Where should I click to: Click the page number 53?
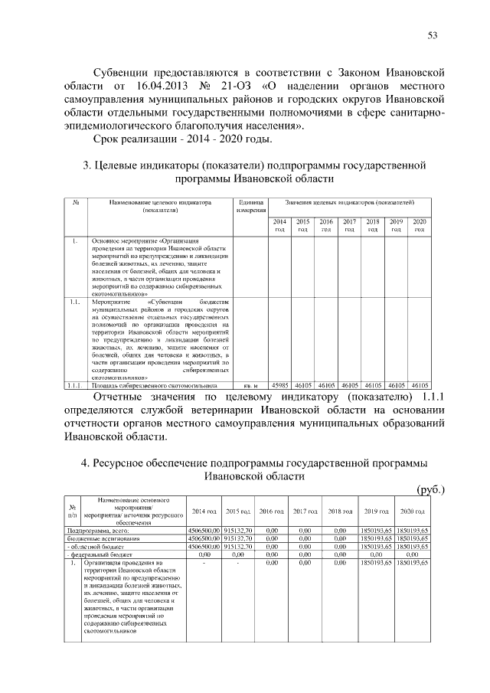[x=433, y=34]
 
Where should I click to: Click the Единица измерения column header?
[x=250, y=204]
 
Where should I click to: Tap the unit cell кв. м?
[x=250, y=386]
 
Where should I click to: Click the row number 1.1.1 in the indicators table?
[x=75, y=386]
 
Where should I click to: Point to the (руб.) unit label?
[x=429, y=489]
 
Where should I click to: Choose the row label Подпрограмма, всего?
[x=95, y=530]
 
